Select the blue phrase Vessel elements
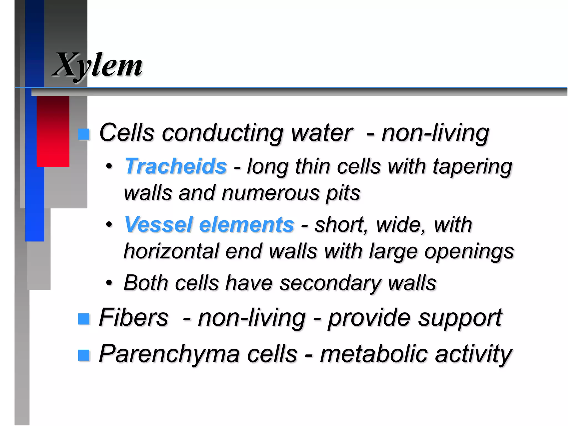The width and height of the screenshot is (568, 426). pos(209,224)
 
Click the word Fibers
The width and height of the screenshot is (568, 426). pos(133,317)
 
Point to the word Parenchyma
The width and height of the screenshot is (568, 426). pos(169,354)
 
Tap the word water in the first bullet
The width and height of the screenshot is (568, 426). pos(322,133)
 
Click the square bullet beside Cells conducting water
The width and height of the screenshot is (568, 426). pos(84,134)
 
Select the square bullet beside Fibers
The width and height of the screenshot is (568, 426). pos(84,319)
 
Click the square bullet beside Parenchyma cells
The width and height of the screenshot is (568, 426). pos(84,355)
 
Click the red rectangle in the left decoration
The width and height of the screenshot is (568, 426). pos(53,131)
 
